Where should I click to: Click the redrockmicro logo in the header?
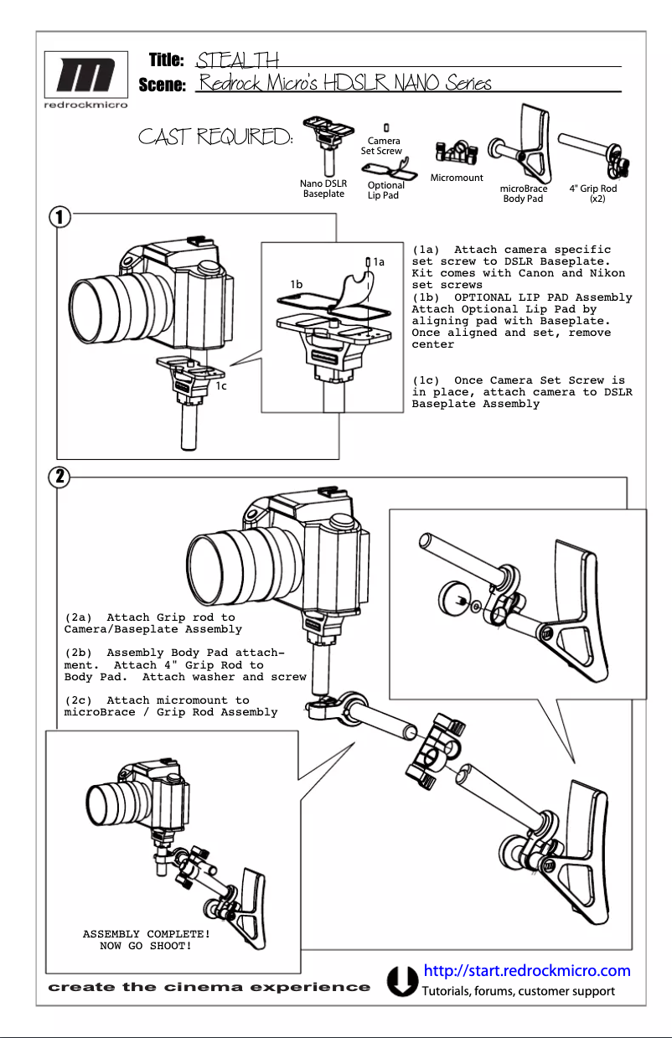pyautogui.click(x=81, y=81)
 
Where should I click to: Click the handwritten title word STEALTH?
pyautogui.click(x=237, y=59)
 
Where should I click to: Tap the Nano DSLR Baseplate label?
pyautogui.click(x=323, y=188)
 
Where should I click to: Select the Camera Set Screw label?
pyautogui.click(x=381, y=146)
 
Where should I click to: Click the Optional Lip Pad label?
pyautogui.click(x=385, y=190)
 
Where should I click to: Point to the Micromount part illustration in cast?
pyautogui.click(x=456, y=153)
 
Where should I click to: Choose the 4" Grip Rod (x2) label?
pyautogui.click(x=592, y=194)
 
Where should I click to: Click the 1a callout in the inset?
pyautogui.click(x=379, y=262)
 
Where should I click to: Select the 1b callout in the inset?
pyautogui.click(x=296, y=284)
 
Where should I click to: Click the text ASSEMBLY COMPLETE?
pyautogui.click(x=146, y=934)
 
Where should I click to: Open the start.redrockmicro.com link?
pyautogui.click(x=527, y=971)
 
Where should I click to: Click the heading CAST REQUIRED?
pyautogui.click(x=215, y=137)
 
